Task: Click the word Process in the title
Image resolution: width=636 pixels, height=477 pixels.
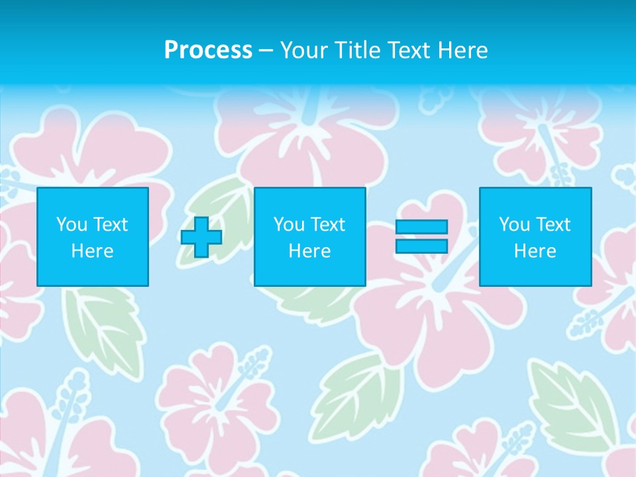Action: tap(208, 50)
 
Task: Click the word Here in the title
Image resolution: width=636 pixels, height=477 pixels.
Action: tap(460, 50)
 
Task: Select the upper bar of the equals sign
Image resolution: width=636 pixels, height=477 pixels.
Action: tap(421, 227)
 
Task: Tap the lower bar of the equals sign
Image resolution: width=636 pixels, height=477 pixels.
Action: tap(421, 246)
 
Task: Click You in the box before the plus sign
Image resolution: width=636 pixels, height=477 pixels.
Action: tap(72, 225)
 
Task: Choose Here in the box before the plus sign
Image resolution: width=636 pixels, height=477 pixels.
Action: tap(93, 251)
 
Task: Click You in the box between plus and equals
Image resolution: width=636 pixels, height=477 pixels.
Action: tap(289, 225)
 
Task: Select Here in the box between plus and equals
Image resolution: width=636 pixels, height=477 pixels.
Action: tap(310, 251)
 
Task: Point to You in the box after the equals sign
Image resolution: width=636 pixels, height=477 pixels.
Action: tap(514, 225)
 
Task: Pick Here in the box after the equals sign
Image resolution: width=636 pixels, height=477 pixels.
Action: tap(535, 251)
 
